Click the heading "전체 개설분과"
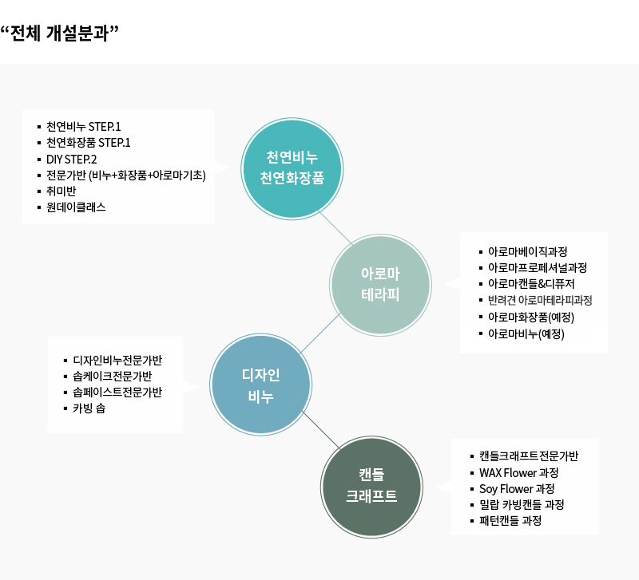coord(59,33)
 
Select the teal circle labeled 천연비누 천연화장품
coord(292,168)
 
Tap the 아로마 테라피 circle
coord(380,285)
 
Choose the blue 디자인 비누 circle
coord(261,385)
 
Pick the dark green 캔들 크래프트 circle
coord(371,487)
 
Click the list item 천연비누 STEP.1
coord(84,127)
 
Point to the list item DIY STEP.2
coord(71,159)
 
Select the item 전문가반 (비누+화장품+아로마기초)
coord(126,175)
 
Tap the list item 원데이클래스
coord(76,207)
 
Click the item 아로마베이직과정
coord(528,251)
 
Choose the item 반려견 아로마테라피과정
coord(540,301)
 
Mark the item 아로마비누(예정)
coord(526,333)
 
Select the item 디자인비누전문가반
coord(117,360)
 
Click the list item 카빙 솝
coord(89,408)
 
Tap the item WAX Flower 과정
coord(518,472)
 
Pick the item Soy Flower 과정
coord(517,488)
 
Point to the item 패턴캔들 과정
coord(510,520)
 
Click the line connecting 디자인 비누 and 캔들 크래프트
coord(321,430)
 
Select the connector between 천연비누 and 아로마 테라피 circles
coord(335,227)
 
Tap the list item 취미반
coord(61,191)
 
